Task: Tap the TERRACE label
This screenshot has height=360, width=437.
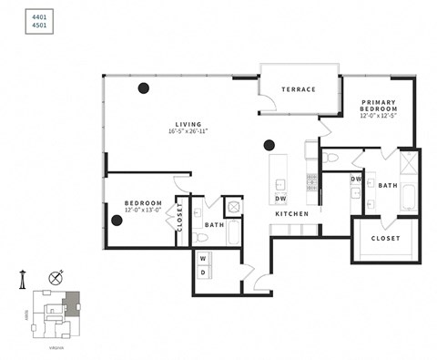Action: (299, 89)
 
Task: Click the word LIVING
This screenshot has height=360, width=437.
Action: (188, 124)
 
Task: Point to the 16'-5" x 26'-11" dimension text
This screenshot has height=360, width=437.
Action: (188, 131)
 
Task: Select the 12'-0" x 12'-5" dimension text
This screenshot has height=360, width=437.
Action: (377, 116)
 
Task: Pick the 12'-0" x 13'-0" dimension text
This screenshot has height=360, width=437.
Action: (143, 210)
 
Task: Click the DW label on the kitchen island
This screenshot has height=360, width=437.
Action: (281, 198)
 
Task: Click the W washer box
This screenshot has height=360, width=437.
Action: (202, 258)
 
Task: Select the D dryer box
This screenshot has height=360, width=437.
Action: (202, 272)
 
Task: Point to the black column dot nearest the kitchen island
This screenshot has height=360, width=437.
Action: (269, 144)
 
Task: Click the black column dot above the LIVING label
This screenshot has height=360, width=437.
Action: (143, 88)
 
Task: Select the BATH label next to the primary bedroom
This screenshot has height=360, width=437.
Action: (389, 185)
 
